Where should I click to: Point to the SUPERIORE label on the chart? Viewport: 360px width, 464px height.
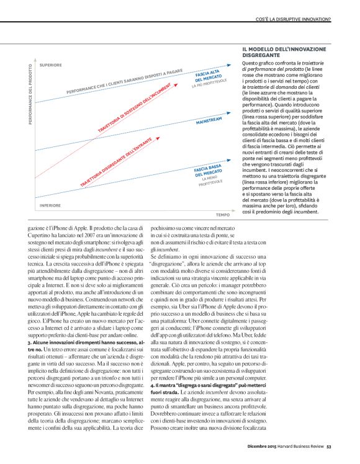point(50,65)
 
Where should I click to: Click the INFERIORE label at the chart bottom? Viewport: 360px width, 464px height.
point(50,187)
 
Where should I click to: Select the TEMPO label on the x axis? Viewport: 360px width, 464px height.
point(223,197)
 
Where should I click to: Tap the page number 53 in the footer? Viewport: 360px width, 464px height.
point(329,444)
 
